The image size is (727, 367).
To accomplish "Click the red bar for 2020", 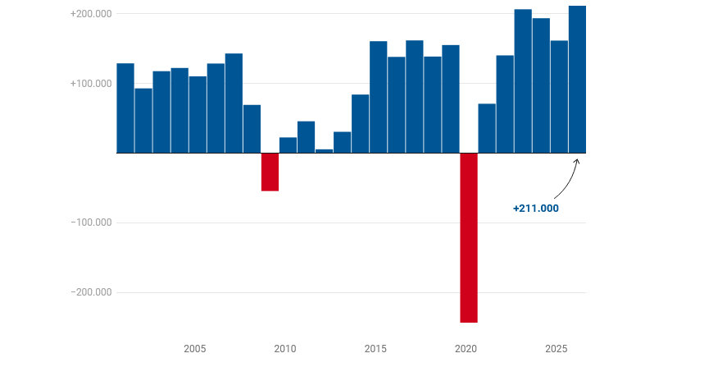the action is pos(469,237).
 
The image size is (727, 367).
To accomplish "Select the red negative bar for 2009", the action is pos(270,172).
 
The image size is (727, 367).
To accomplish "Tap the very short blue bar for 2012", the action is pos(324,151).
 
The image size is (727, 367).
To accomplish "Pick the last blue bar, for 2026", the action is pos(577,80).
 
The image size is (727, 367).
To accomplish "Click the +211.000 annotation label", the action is pos(535,209).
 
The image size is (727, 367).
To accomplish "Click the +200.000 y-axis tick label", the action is pos(91,14).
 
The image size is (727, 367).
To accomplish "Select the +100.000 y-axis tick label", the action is pos(91,84).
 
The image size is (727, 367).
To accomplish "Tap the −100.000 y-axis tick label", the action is pos(91,222).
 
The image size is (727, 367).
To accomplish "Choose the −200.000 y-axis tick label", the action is pos(91,292).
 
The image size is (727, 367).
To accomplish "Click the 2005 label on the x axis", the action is pos(195,349).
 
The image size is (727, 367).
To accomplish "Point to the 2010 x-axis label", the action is pos(285,349).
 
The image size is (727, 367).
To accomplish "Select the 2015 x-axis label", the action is pos(375,349).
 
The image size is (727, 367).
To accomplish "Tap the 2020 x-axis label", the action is pos(466,349).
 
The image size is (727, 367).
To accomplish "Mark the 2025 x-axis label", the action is pos(557,349).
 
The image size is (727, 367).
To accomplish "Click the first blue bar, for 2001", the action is pos(125,108).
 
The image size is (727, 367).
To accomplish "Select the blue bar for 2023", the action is pos(523,81).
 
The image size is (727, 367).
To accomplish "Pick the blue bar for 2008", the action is pos(252,129).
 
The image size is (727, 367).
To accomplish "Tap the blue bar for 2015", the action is pos(379,97).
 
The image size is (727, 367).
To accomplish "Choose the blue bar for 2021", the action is pos(487,128).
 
